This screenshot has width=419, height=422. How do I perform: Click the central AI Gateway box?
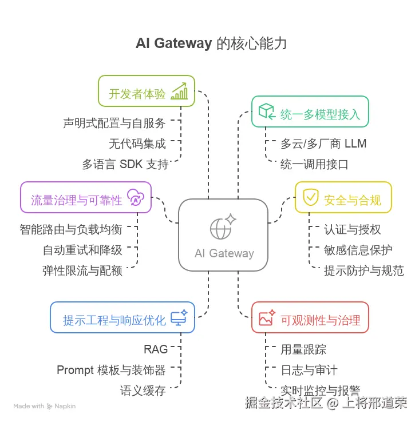(223, 234)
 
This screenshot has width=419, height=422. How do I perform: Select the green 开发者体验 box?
(147, 91)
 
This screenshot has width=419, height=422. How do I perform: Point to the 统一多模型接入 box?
(310, 112)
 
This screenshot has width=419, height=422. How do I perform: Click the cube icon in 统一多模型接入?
(266, 111)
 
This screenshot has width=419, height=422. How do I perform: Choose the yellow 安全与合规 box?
(343, 197)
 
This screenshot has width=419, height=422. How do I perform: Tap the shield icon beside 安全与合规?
(310, 197)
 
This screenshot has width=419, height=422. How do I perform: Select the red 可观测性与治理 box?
(310, 317)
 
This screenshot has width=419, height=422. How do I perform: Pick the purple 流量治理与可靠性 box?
(86, 197)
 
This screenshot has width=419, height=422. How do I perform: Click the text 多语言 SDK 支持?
(125, 165)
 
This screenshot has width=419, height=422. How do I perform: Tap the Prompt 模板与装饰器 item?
(111, 370)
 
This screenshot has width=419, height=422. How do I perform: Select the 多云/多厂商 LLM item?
(323, 143)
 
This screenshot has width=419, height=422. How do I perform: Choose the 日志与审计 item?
(309, 370)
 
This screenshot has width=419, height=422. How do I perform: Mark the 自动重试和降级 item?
(82, 250)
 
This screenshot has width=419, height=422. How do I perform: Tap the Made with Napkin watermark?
(45, 407)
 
